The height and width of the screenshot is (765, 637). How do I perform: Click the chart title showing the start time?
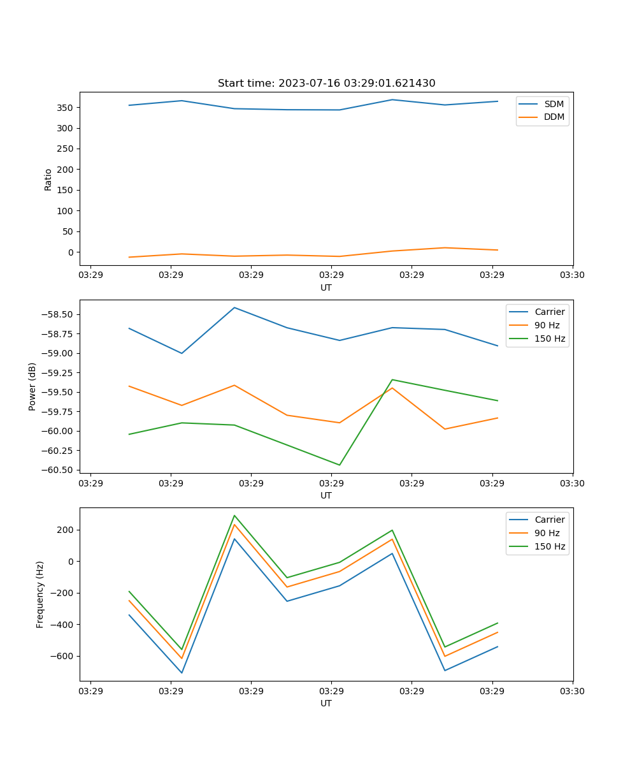(x=326, y=84)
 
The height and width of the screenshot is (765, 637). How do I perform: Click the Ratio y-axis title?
(x=48, y=179)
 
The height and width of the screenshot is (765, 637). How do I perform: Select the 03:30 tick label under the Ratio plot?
(x=573, y=275)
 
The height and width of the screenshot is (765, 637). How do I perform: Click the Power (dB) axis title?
(x=32, y=386)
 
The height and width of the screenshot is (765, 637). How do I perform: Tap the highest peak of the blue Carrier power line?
(x=234, y=307)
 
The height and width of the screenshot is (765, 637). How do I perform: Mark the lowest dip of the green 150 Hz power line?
(x=339, y=465)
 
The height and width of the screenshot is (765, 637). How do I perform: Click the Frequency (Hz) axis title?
(x=40, y=594)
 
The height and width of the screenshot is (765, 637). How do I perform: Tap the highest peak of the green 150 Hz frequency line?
(x=234, y=515)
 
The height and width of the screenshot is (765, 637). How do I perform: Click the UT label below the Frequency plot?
(x=326, y=703)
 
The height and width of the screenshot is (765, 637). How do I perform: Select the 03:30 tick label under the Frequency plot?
(x=573, y=691)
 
